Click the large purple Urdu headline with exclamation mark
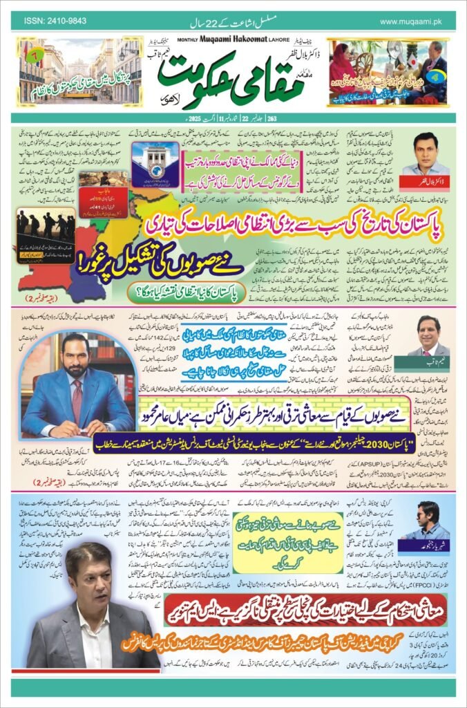point(166,261)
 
